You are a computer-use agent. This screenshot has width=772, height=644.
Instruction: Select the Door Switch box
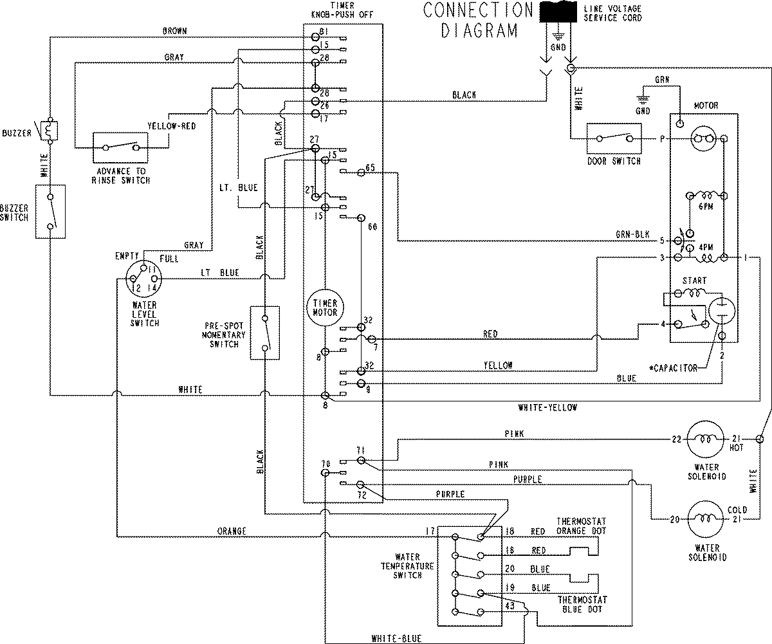click(x=614, y=138)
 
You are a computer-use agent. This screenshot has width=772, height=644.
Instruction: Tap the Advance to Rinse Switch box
click(x=118, y=147)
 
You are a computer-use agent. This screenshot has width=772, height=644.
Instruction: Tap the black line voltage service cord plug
click(x=557, y=14)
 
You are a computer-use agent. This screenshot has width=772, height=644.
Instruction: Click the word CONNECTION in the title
click(x=478, y=10)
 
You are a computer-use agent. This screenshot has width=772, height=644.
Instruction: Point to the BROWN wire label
click(x=175, y=32)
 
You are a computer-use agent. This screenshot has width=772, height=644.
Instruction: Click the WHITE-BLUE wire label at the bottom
click(x=396, y=638)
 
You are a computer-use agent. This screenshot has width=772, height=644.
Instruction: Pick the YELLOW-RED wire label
click(x=171, y=126)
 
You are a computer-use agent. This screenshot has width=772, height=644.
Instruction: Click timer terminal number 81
click(x=324, y=32)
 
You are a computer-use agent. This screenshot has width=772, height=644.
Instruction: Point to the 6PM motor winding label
click(x=704, y=207)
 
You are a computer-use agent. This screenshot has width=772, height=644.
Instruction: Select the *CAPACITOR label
click(x=673, y=368)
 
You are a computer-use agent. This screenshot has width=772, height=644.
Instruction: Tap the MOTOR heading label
click(x=705, y=106)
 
